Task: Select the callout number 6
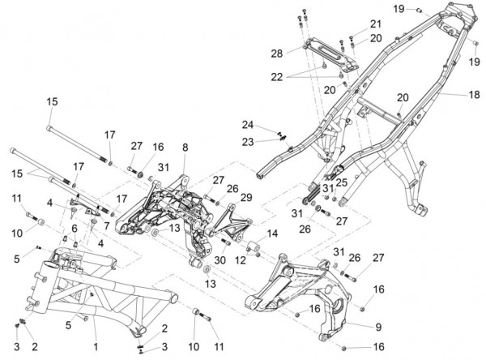pyautogui.click(x=75, y=229)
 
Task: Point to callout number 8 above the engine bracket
pyautogui.click(x=185, y=148)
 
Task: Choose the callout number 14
pyautogui.click(x=271, y=233)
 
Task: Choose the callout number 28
pyautogui.click(x=276, y=53)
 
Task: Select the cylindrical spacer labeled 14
pyautogui.click(x=253, y=245)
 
